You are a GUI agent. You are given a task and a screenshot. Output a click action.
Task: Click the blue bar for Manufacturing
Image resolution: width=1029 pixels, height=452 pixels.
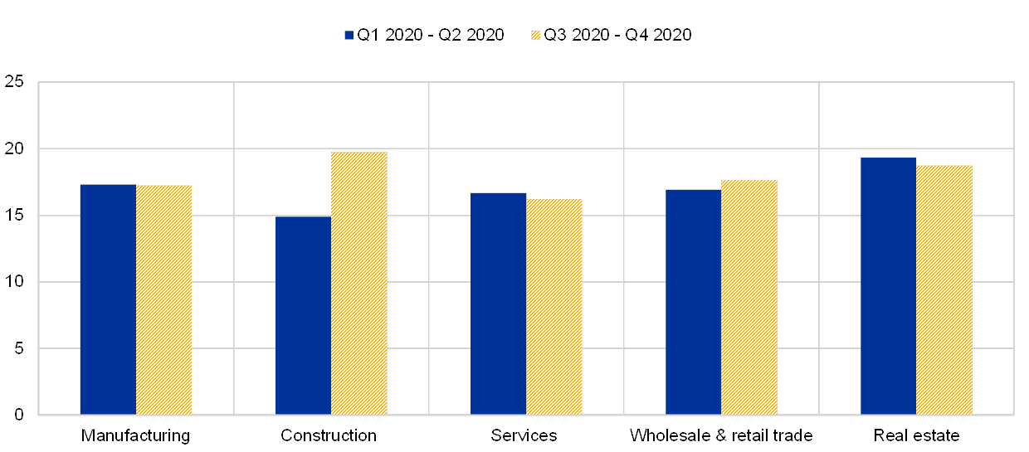click(108, 299)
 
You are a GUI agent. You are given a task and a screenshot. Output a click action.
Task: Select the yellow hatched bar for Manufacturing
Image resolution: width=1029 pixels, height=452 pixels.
click(163, 299)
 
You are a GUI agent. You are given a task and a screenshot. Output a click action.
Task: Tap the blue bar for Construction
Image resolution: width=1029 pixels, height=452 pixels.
click(303, 315)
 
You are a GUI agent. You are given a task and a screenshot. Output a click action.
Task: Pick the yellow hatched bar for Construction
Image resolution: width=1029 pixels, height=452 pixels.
click(359, 283)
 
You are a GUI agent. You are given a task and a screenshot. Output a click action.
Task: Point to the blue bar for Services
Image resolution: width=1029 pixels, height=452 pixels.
click(499, 304)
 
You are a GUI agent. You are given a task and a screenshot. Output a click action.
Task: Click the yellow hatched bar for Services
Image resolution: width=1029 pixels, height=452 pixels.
click(554, 307)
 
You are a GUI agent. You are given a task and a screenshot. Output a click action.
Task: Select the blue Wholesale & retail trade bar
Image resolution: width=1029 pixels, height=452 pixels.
click(694, 302)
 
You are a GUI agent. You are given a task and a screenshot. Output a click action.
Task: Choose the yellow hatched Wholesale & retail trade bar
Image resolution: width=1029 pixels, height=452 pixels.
click(749, 297)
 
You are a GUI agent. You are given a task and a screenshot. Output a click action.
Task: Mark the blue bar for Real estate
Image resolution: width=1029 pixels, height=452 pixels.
click(889, 286)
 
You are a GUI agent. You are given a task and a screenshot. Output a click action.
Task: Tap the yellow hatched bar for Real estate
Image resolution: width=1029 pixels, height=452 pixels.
click(944, 289)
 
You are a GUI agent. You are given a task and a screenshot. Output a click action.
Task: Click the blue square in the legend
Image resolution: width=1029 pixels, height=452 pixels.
click(349, 35)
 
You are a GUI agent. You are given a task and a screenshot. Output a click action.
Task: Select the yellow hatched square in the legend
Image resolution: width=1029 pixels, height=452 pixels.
click(535, 35)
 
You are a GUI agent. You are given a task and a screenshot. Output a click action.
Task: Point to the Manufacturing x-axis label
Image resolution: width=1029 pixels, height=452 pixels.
click(136, 435)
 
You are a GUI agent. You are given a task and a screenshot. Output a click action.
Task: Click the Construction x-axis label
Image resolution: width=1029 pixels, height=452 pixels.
click(329, 435)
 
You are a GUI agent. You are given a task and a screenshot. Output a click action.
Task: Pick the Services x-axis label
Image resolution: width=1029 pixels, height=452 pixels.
click(524, 435)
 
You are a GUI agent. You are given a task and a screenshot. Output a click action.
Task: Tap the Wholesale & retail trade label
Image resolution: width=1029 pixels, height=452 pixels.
click(721, 435)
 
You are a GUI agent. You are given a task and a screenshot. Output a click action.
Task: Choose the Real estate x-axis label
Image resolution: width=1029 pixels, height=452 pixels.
click(919, 435)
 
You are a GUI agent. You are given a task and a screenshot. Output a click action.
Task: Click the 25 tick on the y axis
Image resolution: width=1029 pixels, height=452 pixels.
click(14, 82)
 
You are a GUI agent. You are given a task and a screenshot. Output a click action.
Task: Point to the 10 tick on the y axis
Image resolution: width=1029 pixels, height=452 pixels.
click(14, 282)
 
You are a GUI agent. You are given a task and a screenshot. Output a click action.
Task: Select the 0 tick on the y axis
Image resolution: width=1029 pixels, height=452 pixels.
click(18, 415)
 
